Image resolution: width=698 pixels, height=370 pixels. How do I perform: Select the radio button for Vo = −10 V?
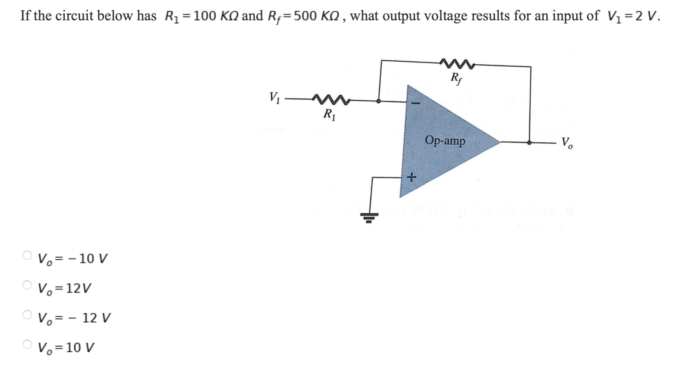[x=27, y=255]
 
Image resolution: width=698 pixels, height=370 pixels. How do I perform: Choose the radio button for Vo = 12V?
[x=27, y=285]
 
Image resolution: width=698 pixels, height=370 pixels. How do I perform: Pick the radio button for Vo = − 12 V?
[x=27, y=315]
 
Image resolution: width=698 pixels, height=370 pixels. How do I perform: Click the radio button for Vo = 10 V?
[x=27, y=344]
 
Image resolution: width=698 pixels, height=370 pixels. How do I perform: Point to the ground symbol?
[x=369, y=217]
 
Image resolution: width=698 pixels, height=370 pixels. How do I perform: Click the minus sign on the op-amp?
[x=416, y=103]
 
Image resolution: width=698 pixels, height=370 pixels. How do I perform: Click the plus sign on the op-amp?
[x=411, y=178]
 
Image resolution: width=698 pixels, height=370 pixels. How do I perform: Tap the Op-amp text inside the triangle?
[x=445, y=141]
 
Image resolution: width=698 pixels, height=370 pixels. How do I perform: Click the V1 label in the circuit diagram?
[x=275, y=96]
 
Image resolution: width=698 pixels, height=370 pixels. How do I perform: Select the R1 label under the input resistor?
[x=329, y=114]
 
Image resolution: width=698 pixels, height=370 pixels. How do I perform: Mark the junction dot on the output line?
[x=529, y=142]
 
